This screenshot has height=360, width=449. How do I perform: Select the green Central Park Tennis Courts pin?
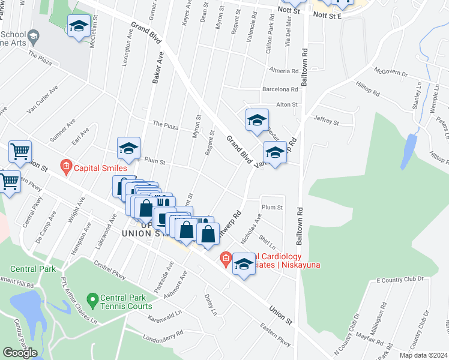92,298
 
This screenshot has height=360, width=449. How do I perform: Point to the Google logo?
20,353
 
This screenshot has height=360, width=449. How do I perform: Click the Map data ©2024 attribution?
424,355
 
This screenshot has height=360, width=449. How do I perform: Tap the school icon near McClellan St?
78,26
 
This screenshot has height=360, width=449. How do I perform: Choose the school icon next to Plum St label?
128,149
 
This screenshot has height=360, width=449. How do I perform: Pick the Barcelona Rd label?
280,90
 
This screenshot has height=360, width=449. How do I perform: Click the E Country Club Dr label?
400,280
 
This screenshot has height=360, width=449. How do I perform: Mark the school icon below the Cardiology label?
244,265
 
